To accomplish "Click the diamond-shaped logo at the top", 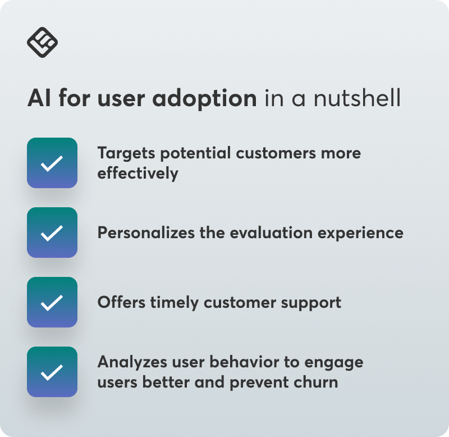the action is pos(43,43).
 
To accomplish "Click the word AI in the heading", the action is pos(39,98).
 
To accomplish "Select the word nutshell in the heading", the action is pos(357,98).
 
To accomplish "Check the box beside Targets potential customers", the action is pos(52,163).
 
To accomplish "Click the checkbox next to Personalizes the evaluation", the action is pos(52,233).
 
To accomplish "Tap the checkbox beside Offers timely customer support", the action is pos(52,302).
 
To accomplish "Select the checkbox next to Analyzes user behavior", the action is pos(52,372).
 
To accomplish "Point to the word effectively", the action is pos(138,173).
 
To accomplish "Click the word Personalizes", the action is pos(146,232).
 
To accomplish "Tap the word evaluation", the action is pos(271,232).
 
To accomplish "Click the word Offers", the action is pos(121,302).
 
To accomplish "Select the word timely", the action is pos(175,303).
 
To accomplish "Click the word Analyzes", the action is pos(132,362).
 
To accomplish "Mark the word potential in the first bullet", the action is pos(195,153).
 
